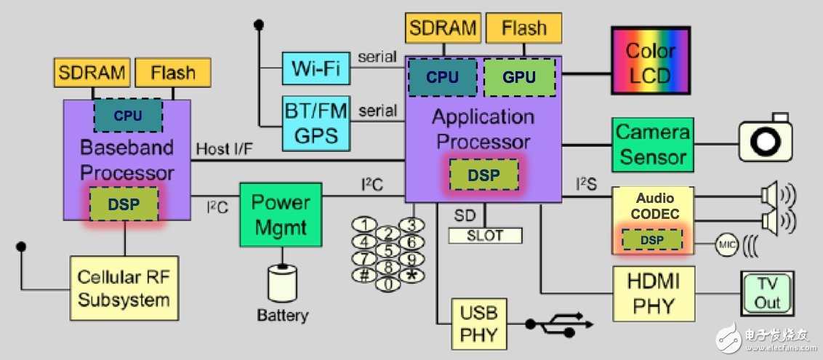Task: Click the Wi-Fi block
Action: click(x=317, y=68)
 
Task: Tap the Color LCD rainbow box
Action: click(x=651, y=63)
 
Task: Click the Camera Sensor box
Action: click(x=651, y=145)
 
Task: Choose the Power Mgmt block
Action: click(x=280, y=214)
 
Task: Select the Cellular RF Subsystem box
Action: click(x=124, y=288)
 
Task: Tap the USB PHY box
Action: click(x=479, y=324)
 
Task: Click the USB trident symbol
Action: click(x=558, y=322)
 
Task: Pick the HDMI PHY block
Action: click(x=651, y=293)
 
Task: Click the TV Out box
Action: click(x=766, y=293)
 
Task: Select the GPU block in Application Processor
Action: click(x=519, y=76)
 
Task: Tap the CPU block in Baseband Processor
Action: click(x=127, y=115)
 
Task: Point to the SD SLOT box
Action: click(x=485, y=236)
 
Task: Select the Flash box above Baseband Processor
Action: click(x=172, y=73)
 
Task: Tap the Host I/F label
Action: click(x=225, y=148)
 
